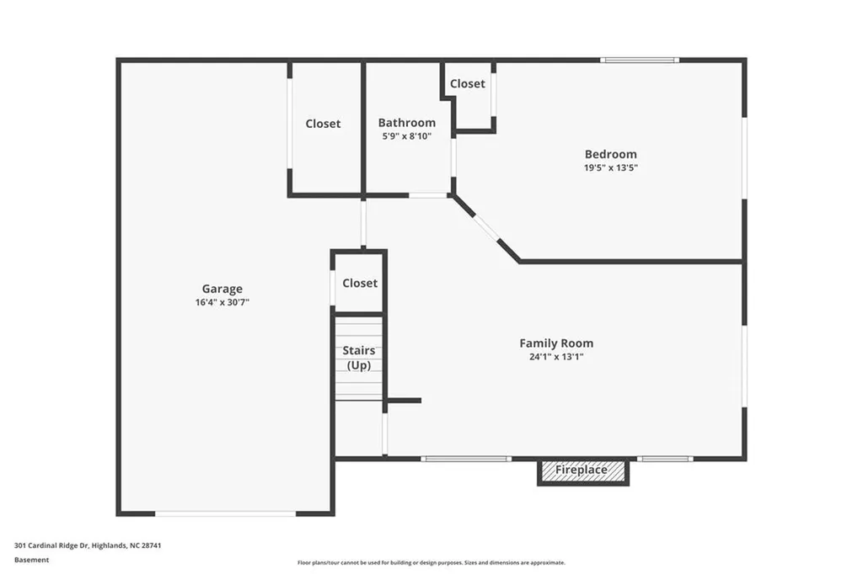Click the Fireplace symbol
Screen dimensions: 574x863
click(x=582, y=470)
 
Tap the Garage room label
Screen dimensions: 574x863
click(x=222, y=289)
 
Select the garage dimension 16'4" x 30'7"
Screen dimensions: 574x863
click(x=222, y=302)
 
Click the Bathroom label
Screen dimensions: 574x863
click(x=406, y=123)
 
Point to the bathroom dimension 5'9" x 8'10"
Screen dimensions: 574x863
click(x=406, y=136)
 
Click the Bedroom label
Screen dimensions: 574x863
click(x=610, y=154)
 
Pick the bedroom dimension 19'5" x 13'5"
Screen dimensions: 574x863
click(x=610, y=167)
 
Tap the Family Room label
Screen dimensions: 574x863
click(x=555, y=343)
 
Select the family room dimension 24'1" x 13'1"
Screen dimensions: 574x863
click(x=555, y=357)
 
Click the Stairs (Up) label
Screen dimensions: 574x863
click(x=359, y=358)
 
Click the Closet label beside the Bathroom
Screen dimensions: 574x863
click(x=323, y=124)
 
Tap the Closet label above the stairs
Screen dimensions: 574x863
click(x=360, y=284)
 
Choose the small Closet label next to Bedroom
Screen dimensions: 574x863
click(x=467, y=84)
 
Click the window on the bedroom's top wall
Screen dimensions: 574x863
click(x=640, y=60)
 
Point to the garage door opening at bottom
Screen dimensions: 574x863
click(x=225, y=513)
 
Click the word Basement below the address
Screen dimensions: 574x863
click(x=32, y=560)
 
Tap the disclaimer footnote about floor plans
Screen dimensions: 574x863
click(x=431, y=562)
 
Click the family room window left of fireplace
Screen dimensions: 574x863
click(x=466, y=459)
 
